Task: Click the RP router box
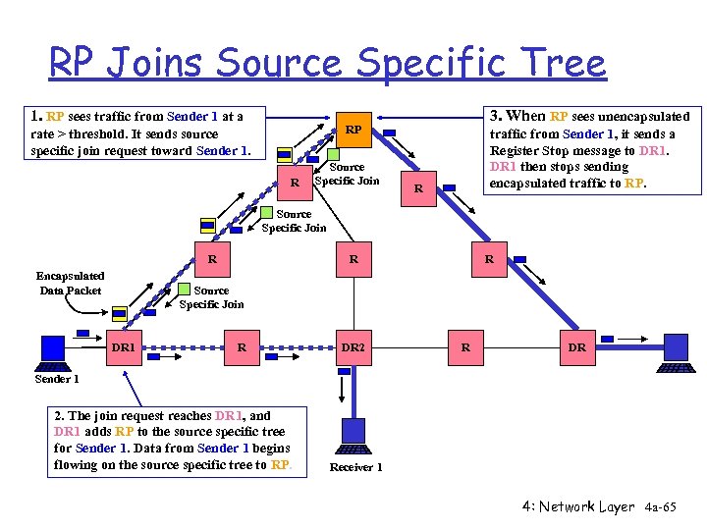pyautogui.click(x=354, y=130)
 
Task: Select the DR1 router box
pyautogui.click(x=124, y=347)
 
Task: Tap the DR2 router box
pyautogui.click(x=353, y=347)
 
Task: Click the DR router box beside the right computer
pyautogui.click(x=577, y=347)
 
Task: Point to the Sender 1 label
pyautogui.click(x=57, y=379)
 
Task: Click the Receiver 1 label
pyautogui.click(x=355, y=467)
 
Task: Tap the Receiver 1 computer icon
pyautogui.click(x=353, y=435)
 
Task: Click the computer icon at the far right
pyautogui.click(x=676, y=350)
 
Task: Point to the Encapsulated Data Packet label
pyautogui.click(x=71, y=283)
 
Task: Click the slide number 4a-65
pyautogui.click(x=661, y=507)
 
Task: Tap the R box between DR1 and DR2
pyautogui.click(x=242, y=347)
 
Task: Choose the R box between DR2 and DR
pyautogui.click(x=465, y=347)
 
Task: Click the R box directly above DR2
pyautogui.click(x=353, y=260)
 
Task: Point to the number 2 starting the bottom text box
pyautogui.click(x=59, y=416)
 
